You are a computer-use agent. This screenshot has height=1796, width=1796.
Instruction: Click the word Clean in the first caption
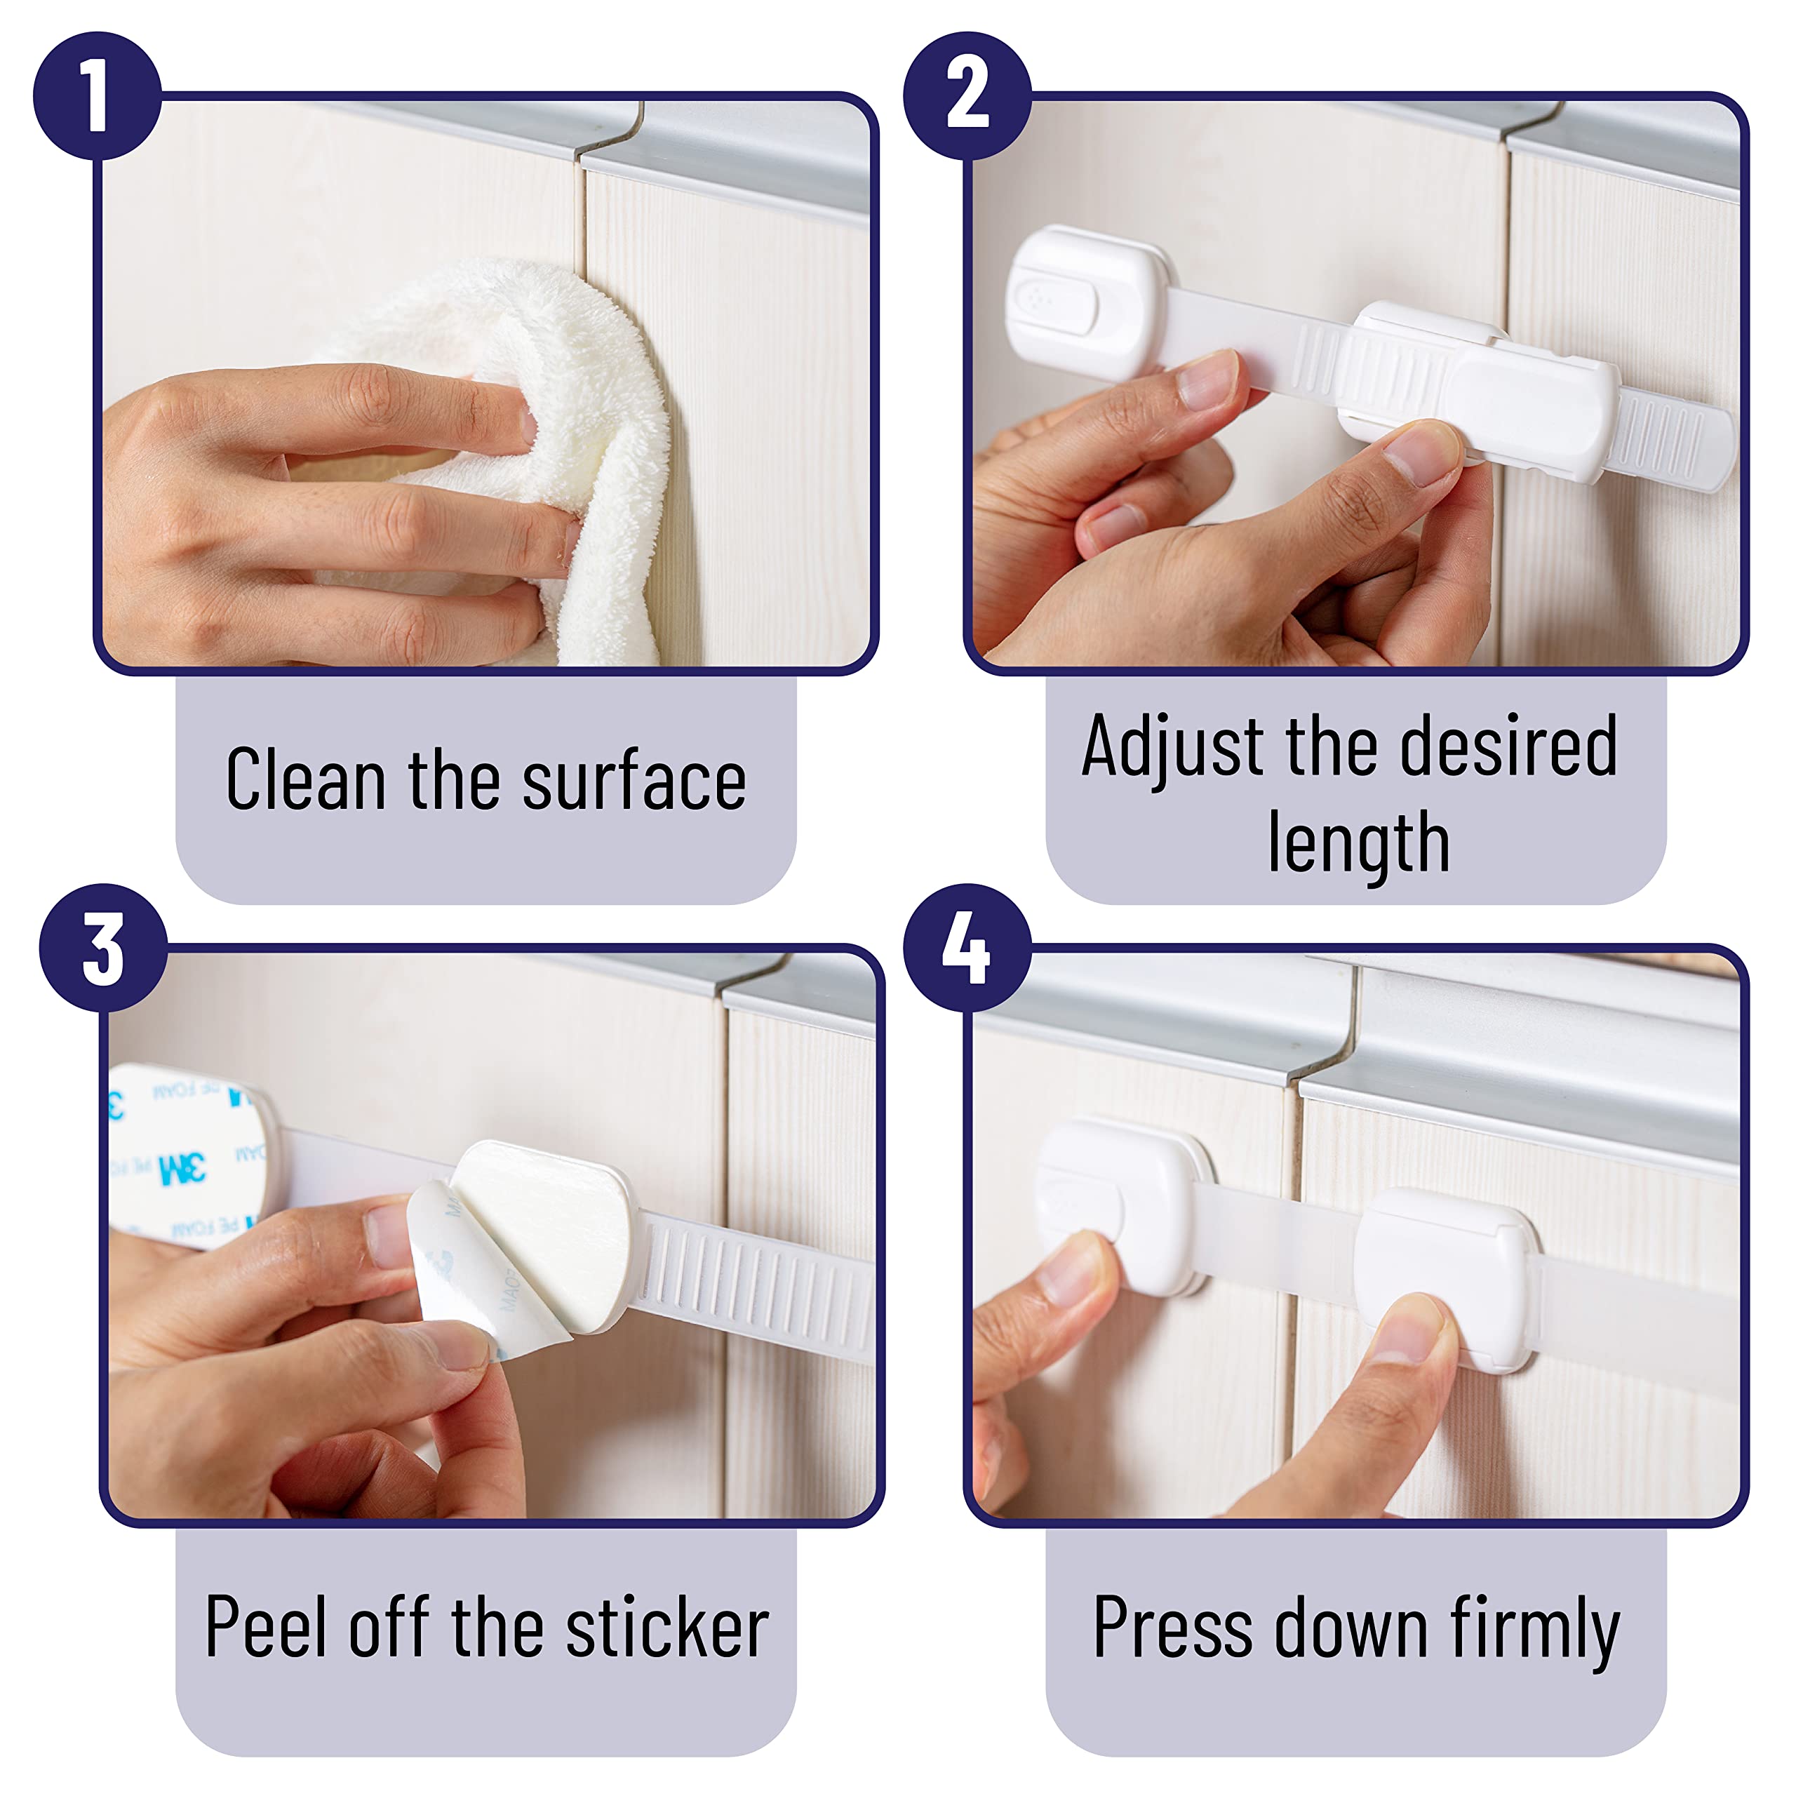pos(306,779)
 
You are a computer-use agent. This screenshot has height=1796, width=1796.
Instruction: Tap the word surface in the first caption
pos(634,779)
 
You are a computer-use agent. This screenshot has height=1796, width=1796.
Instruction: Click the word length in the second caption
pos(1358,841)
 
